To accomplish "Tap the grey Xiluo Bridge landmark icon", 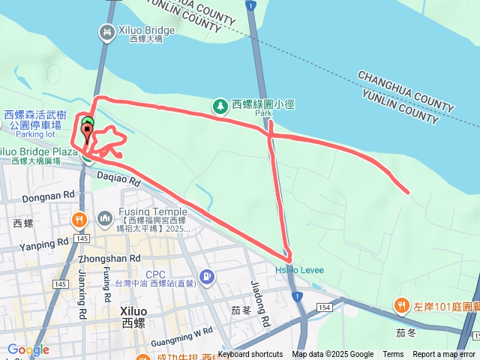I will point(106,31).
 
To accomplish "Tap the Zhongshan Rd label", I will point(109,258).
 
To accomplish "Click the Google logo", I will point(28,349).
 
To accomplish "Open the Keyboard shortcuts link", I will point(250,355).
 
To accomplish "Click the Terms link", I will point(393,355).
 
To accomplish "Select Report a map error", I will point(444,355).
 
